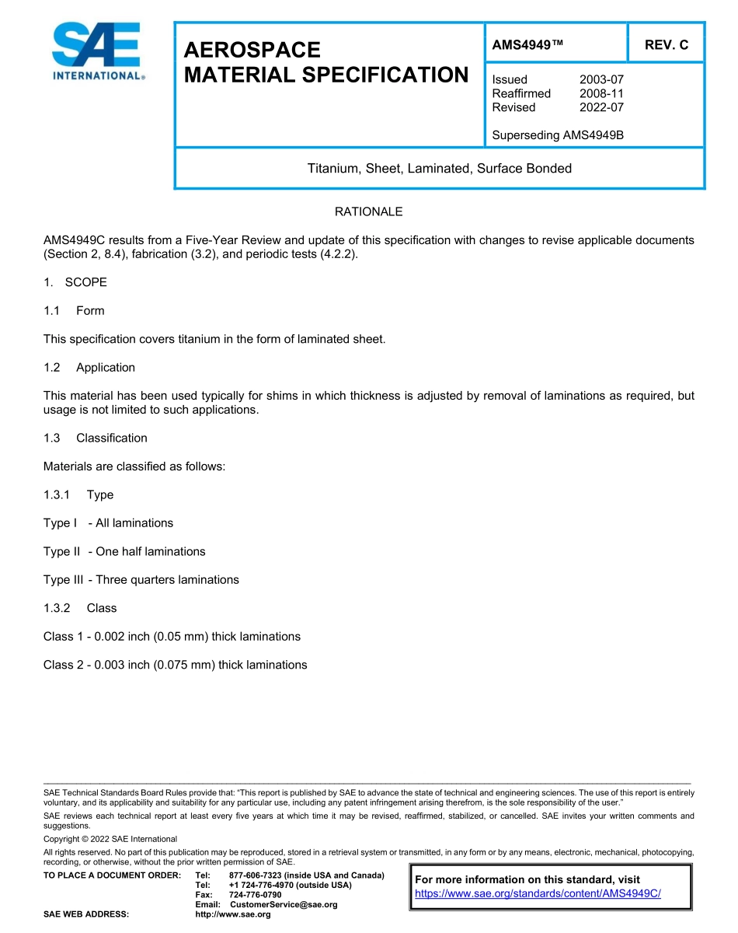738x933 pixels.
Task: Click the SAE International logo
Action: (x=96, y=52)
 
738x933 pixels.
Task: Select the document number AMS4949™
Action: (x=527, y=45)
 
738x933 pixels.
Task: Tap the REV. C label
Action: (x=666, y=45)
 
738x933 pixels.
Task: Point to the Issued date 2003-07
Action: (x=601, y=79)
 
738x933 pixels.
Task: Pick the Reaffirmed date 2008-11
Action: (x=601, y=93)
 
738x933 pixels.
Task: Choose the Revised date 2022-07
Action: (x=601, y=107)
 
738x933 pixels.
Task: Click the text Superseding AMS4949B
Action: (x=558, y=135)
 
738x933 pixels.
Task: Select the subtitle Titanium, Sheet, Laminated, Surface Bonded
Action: (x=439, y=169)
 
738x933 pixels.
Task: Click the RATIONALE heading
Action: (x=368, y=211)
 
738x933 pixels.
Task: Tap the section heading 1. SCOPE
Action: (x=75, y=282)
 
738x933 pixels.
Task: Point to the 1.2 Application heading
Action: (x=89, y=367)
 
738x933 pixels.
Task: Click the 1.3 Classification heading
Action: (x=96, y=438)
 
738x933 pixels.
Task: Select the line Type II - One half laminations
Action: (x=124, y=551)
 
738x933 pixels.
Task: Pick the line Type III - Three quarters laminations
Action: (x=141, y=579)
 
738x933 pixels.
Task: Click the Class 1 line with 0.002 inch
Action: (x=172, y=636)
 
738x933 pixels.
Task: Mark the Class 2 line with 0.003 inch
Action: (x=175, y=665)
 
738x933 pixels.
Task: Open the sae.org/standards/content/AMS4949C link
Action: (x=538, y=893)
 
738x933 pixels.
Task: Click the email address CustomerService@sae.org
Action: (x=284, y=904)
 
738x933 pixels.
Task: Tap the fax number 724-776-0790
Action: (x=255, y=895)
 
